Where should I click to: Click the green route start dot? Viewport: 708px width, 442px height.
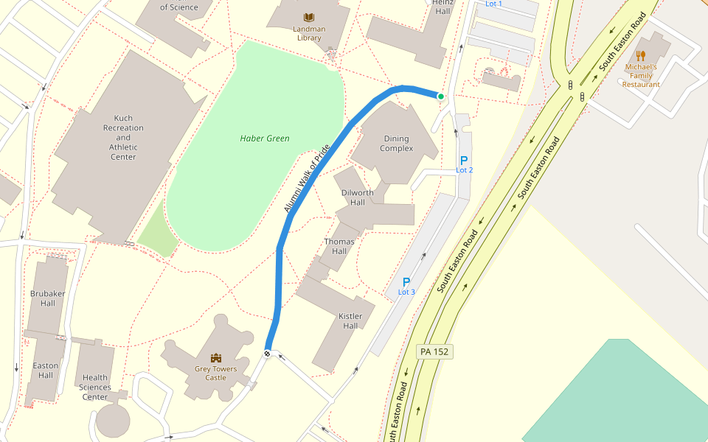pyautogui.click(x=441, y=97)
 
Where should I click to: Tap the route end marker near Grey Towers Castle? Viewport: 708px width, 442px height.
pyautogui.click(x=268, y=353)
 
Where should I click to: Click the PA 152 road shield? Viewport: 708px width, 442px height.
pyautogui.click(x=434, y=351)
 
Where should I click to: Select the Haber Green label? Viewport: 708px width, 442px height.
pyautogui.click(x=265, y=138)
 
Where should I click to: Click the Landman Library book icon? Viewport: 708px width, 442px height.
pyautogui.click(x=308, y=17)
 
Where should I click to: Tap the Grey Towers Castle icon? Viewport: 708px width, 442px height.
pyautogui.click(x=216, y=357)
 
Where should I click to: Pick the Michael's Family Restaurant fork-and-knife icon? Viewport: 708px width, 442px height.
pyautogui.click(x=641, y=55)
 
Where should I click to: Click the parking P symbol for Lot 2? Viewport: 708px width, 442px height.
pyautogui.click(x=464, y=161)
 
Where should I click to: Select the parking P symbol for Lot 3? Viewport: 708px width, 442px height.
pyautogui.click(x=406, y=282)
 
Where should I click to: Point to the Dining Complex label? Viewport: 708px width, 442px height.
pyautogui.click(x=397, y=144)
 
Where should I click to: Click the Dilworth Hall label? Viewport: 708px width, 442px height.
pyautogui.click(x=358, y=197)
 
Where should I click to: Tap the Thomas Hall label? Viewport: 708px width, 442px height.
pyautogui.click(x=339, y=246)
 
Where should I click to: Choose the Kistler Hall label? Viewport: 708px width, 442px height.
pyautogui.click(x=350, y=320)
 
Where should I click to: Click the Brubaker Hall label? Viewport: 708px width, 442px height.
pyautogui.click(x=48, y=298)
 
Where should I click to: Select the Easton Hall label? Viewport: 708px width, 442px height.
pyautogui.click(x=45, y=371)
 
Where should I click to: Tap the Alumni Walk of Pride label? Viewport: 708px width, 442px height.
pyautogui.click(x=306, y=179)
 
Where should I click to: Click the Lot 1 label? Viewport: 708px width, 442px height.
pyautogui.click(x=493, y=4)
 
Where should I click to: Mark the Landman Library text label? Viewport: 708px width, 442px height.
pyautogui.click(x=310, y=34)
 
